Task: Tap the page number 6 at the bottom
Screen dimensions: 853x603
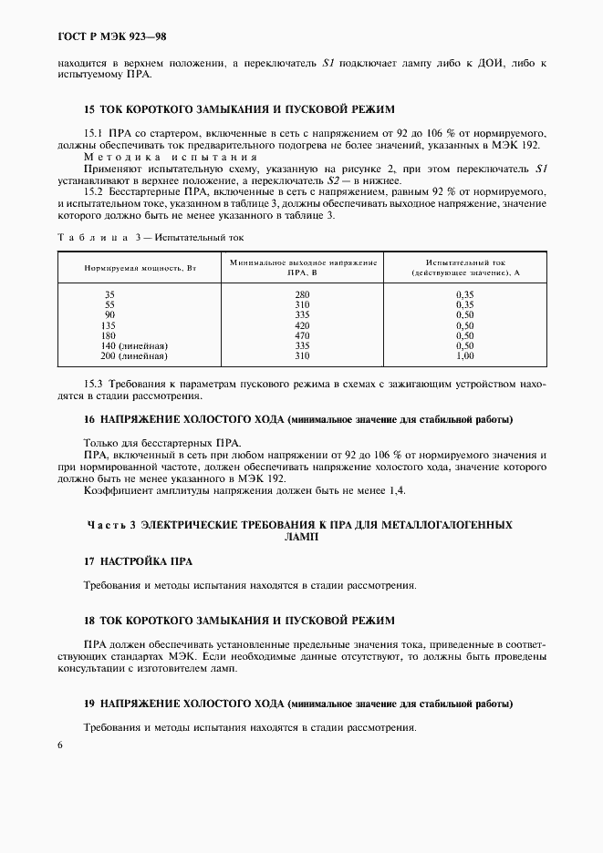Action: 59,745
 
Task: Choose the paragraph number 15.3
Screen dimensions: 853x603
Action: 95,385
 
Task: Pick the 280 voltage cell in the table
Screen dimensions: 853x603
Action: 303,294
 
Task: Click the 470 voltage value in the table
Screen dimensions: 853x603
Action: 303,335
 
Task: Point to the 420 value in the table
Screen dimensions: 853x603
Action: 303,325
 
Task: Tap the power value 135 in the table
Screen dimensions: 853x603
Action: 111,325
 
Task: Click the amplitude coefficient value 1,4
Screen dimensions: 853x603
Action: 396,490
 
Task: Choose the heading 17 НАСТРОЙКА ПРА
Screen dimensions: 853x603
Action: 138,560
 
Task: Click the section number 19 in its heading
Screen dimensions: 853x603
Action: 88,704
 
